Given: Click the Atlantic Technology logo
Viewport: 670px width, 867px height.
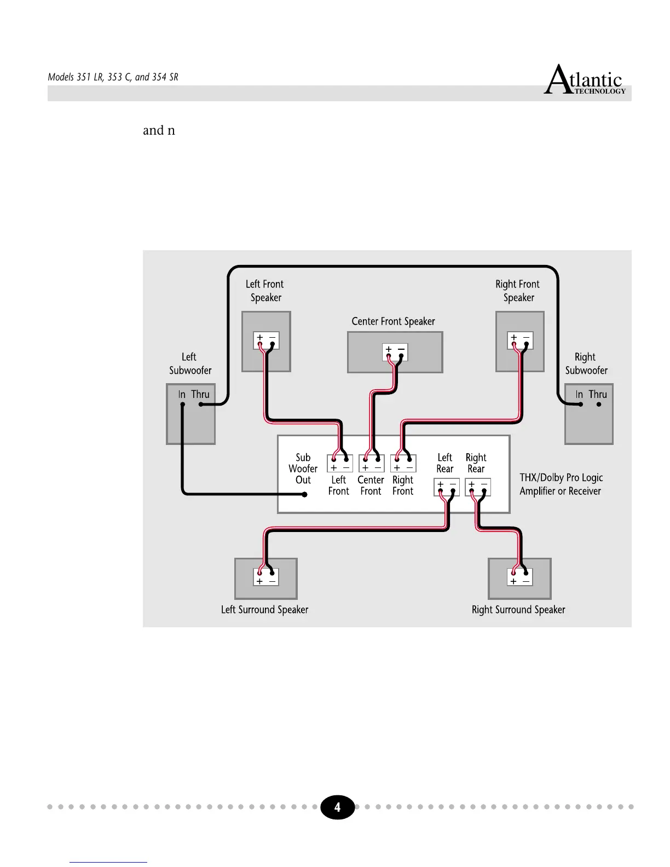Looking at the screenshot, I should pyautogui.click(x=585, y=81).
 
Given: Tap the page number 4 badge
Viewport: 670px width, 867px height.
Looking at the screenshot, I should pyautogui.click(x=337, y=807).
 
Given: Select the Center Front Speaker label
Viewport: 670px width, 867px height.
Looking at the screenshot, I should pyautogui.click(x=393, y=321).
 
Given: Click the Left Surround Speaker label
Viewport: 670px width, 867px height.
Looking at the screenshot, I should pyautogui.click(x=264, y=610).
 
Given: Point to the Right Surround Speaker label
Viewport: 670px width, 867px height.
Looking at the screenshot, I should pyautogui.click(x=518, y=610).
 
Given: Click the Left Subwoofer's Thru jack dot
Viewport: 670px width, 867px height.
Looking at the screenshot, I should pyautogui.click(x=201, y=404).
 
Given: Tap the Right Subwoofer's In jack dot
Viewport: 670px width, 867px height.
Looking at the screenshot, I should pyautogui.click(x=581, y=404).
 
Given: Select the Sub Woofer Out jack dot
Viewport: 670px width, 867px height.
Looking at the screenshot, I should pyautogui.click(x=305, y=494).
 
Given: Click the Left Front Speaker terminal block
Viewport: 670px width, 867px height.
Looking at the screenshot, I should pyautogui.click(x=266, y=340).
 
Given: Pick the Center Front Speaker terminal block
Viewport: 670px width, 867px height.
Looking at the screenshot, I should pyautogui.click(x=395, y=352).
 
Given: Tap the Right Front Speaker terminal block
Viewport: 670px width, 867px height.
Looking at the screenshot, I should pyautogui.click(x=520, y=340).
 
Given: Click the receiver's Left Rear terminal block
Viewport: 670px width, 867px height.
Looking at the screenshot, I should pyautogui.click(x=446, y=487).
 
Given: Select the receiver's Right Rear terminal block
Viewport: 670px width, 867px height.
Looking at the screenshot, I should pyautogui.click(x=477, y=487).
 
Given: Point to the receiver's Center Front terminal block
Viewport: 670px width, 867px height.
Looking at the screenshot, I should pyautogui.click(x=372, y=464).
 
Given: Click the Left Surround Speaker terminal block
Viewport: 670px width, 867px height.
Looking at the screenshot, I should pyautogui.click(x=266, y=577).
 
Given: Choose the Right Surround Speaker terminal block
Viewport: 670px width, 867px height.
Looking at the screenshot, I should pyautogui.click(x=519, y=577).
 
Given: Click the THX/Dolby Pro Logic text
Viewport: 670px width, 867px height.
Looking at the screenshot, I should pyautogui.click(x=561, y=478).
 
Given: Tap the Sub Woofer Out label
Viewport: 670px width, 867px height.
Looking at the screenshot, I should pyautogui.click(x=303, y=469).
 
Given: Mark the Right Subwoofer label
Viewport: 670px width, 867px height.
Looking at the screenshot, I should pyautogui.click(x=586, y=364).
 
